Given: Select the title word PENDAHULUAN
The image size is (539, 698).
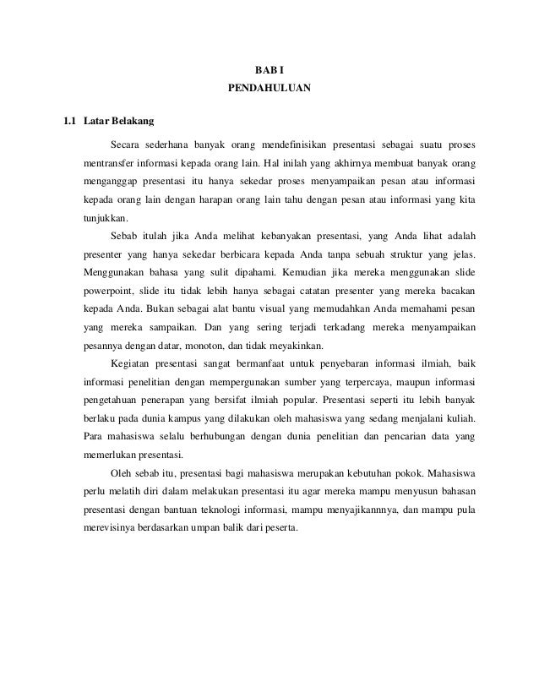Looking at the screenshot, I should point(269,88).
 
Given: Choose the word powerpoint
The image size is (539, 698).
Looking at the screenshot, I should point(112,297).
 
